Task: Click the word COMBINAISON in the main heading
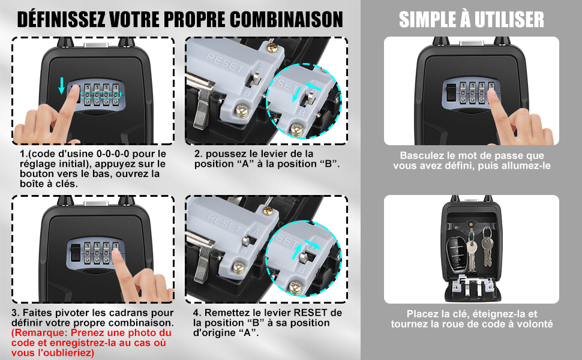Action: [x=286, y=19]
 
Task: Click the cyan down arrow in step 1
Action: [x=62, y=86]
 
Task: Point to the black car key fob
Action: [x=456, y=253]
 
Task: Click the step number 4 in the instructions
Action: [x=196, y=313]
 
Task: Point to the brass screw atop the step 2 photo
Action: [x=272, y=47]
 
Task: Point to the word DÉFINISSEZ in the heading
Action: [x=61, y=19]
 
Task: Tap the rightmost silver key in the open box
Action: [x=487, y=248]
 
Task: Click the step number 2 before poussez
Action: [x=197, y=154]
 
